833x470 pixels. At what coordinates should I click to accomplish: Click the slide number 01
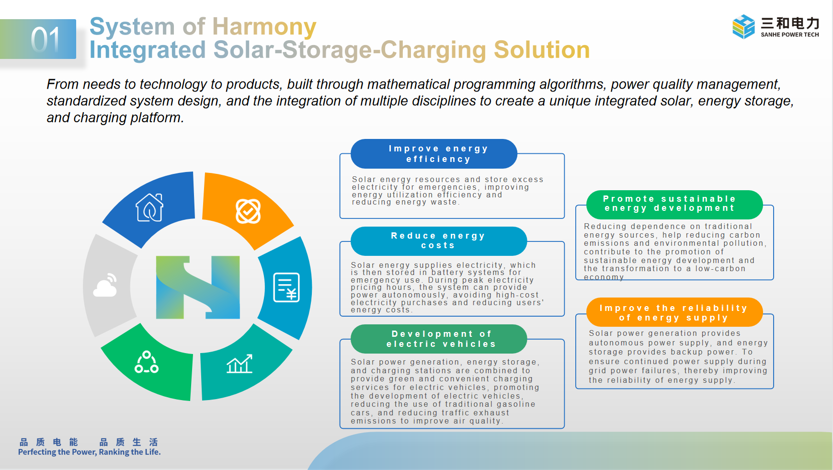[x=46, y=39]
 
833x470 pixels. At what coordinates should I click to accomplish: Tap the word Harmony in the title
[x=264, y=27]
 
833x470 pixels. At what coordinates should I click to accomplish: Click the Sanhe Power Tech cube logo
[x=743, y=26]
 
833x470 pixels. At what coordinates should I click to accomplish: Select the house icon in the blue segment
[x=149, y=207]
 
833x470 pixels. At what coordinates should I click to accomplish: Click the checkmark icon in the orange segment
[x=248, y=211]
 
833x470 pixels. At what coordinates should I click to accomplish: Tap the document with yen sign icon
[x=286, y=287]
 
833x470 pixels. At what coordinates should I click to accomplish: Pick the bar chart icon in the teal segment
[x=240, y=364]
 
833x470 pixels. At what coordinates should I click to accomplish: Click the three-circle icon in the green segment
[x=147, y=362]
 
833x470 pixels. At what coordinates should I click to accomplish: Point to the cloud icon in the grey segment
[x=106, y=286]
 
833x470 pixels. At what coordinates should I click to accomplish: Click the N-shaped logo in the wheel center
[x=198, y=287]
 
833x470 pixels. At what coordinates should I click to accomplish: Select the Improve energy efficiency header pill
[x=434, y=154]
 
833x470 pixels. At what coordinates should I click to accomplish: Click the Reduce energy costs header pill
[x=439, y=241]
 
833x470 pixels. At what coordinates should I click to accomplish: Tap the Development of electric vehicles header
[x=439, y=339]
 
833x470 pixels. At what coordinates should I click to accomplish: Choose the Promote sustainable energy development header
[x=674, y=204]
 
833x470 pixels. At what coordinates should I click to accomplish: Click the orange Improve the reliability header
[x=674, y=312]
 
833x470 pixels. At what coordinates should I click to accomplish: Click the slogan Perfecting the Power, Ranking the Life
[x=90, y=452]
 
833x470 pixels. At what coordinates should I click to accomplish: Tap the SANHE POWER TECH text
[x=790, y=34]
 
